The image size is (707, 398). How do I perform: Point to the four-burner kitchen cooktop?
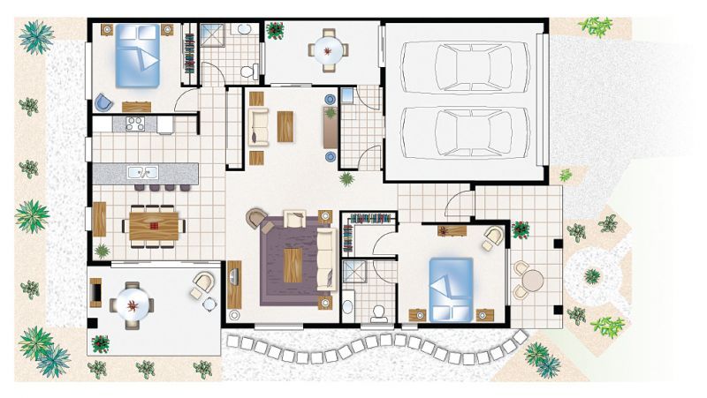(135, 124)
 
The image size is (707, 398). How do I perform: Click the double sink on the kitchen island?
(141, 172)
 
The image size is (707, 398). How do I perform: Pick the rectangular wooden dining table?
(154, 224)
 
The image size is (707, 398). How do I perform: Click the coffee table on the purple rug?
(293, 263)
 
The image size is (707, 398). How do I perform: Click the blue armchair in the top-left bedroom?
(104, 101)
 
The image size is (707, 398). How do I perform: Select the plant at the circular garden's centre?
(591, 275)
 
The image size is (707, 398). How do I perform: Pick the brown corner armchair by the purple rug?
(256, 217)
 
